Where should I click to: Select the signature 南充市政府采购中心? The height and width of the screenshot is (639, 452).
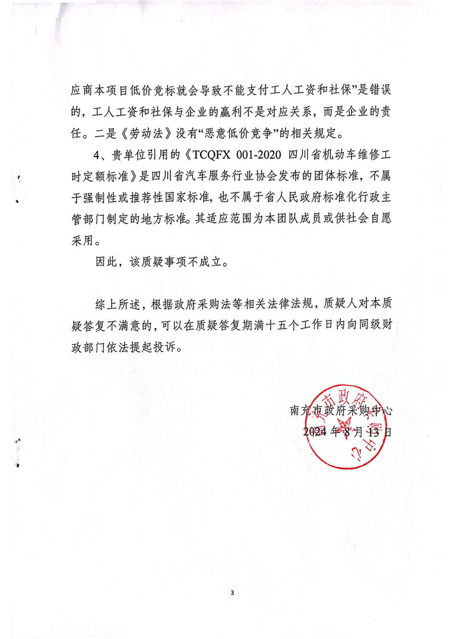tap(341, 410)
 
